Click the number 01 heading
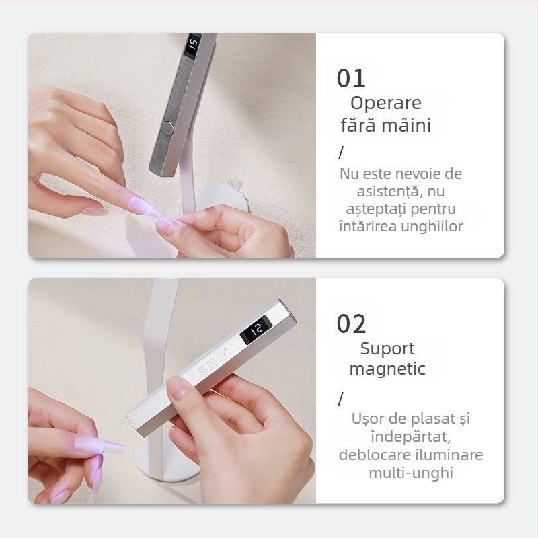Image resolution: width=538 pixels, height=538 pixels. (x=351, y=79)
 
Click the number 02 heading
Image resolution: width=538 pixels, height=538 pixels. (x=351, y=324)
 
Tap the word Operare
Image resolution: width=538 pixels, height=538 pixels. (x=386, y=103)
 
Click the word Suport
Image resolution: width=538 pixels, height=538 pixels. (x=387, y=349)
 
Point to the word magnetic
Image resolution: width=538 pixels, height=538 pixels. (x=387, y=369)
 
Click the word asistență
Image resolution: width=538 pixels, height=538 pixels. (x=389, y=192)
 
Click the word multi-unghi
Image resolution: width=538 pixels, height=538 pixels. (x=411, y=473)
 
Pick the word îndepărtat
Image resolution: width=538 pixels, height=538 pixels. (x=411, y=436)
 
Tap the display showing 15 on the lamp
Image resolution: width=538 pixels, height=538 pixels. (x=193, y=44)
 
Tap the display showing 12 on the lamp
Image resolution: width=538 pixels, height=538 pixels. (x=256, y=329)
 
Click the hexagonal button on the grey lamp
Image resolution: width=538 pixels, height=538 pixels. (x=167, y=126)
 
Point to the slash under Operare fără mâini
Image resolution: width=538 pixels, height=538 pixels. (x=341, y=153)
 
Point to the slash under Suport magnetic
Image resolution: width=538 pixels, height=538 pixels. (x=340, y=399)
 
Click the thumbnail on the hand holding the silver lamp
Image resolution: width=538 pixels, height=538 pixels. (x=178, y=390)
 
